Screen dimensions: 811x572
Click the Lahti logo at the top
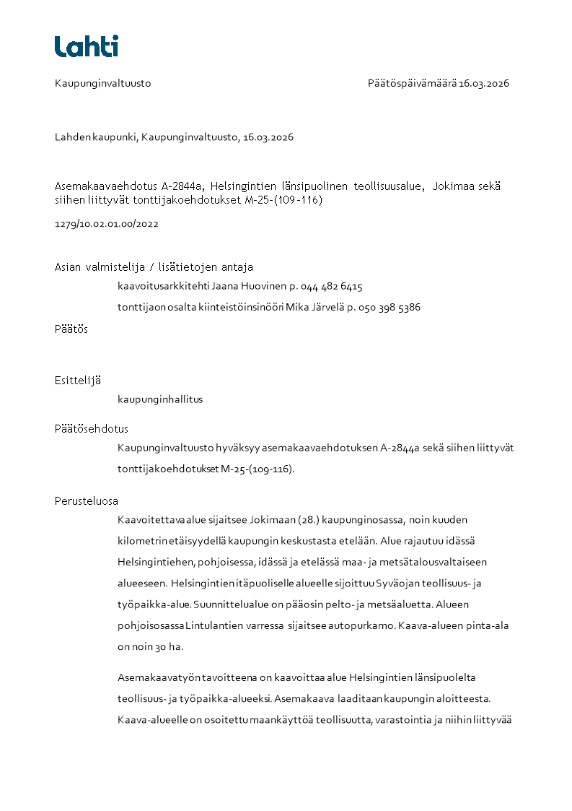click(x=87, y=46)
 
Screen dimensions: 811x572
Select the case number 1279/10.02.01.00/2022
click(x=107, y=224)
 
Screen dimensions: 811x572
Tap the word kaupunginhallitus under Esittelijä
click(x=160, y=399)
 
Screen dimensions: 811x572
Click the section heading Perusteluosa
click(x=87, y=501)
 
